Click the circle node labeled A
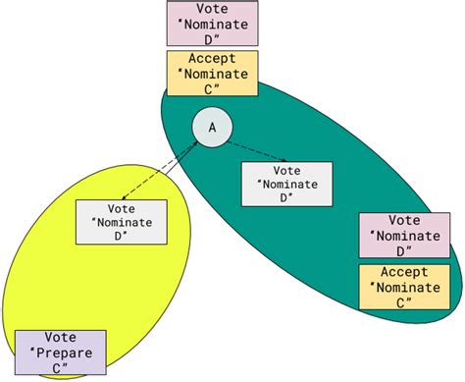coord(210,127)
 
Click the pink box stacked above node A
coord(213,24)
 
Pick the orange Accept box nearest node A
coord(212,73)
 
